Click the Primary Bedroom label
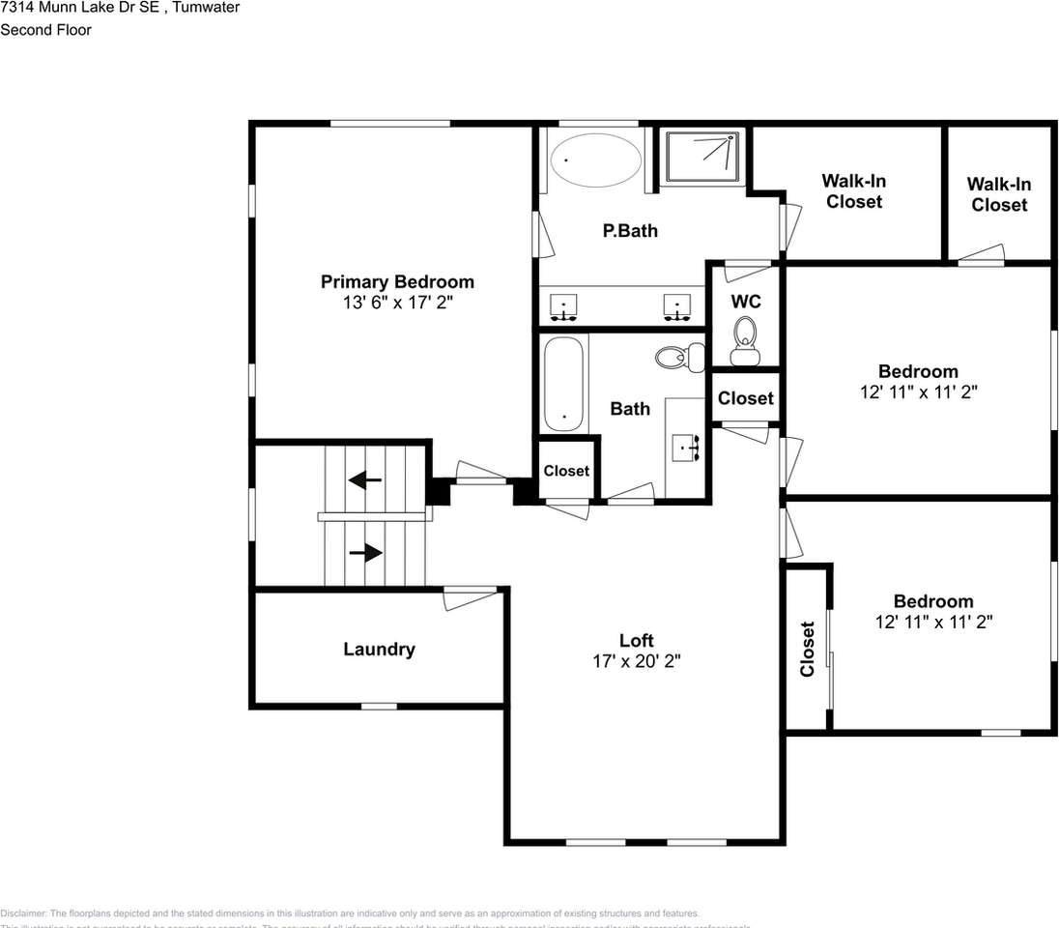coord(397,281)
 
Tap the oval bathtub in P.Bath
coord(594,160)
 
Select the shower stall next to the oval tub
coord(702,156)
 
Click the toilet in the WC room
coord(745,341)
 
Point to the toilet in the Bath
coord(670,357)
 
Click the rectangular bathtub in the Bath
coord(563,384)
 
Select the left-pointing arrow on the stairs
coord(364,478)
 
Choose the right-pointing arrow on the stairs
coord(364,553)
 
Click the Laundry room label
coord(379,649)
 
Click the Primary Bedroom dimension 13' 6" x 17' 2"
coord(397,303)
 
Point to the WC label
coord(745,302)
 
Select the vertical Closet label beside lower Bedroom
coord(807,649)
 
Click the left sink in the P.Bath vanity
coord(563,307)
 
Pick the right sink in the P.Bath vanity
coord(677,307)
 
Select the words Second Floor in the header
coord(45,30)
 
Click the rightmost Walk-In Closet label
coord(999,193)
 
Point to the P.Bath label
coord(630,230)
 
